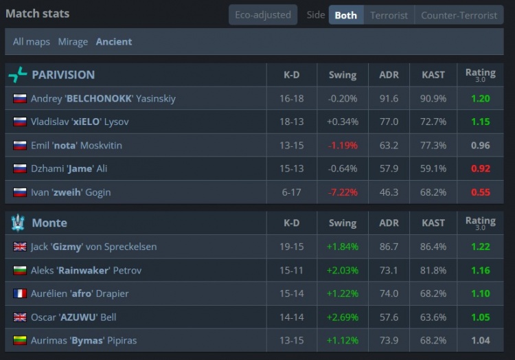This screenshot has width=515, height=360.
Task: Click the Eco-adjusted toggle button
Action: [x=263, y=15]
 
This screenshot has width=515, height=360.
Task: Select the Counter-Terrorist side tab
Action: [x=459, y=15]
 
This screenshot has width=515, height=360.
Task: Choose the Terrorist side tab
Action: [x=389, y=15]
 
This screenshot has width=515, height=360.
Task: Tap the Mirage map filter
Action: [x=73, y=42]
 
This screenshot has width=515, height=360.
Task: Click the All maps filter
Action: [x=32, y=42]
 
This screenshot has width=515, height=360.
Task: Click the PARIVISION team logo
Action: [x=18, y=75]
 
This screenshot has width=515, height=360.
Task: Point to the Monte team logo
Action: [x=18, y=223]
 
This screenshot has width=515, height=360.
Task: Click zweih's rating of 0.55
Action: [x=480, y=192]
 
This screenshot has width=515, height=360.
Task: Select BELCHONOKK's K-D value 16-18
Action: [x=291, y=98]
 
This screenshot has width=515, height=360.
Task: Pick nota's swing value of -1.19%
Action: [x=343, y=145]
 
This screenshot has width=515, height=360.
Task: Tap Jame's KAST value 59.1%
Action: [x=433, y=168]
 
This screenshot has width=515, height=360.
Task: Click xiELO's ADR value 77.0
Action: [x=389, y=122]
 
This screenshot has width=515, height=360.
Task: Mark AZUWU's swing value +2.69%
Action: [x=343, y=317]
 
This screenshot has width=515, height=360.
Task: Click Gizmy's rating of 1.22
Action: [x=480, y=247]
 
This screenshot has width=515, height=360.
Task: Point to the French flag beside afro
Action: [x=20, y=293]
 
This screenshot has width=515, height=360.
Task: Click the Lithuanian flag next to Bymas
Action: [x=20, y=340]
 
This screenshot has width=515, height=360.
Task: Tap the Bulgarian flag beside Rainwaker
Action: [x=20, y=270]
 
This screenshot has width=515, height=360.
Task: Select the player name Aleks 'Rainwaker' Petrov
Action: [x=86, y=270]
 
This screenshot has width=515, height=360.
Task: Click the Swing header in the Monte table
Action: [x=343, y=223]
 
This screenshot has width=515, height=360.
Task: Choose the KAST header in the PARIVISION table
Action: [x=433, y=75]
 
